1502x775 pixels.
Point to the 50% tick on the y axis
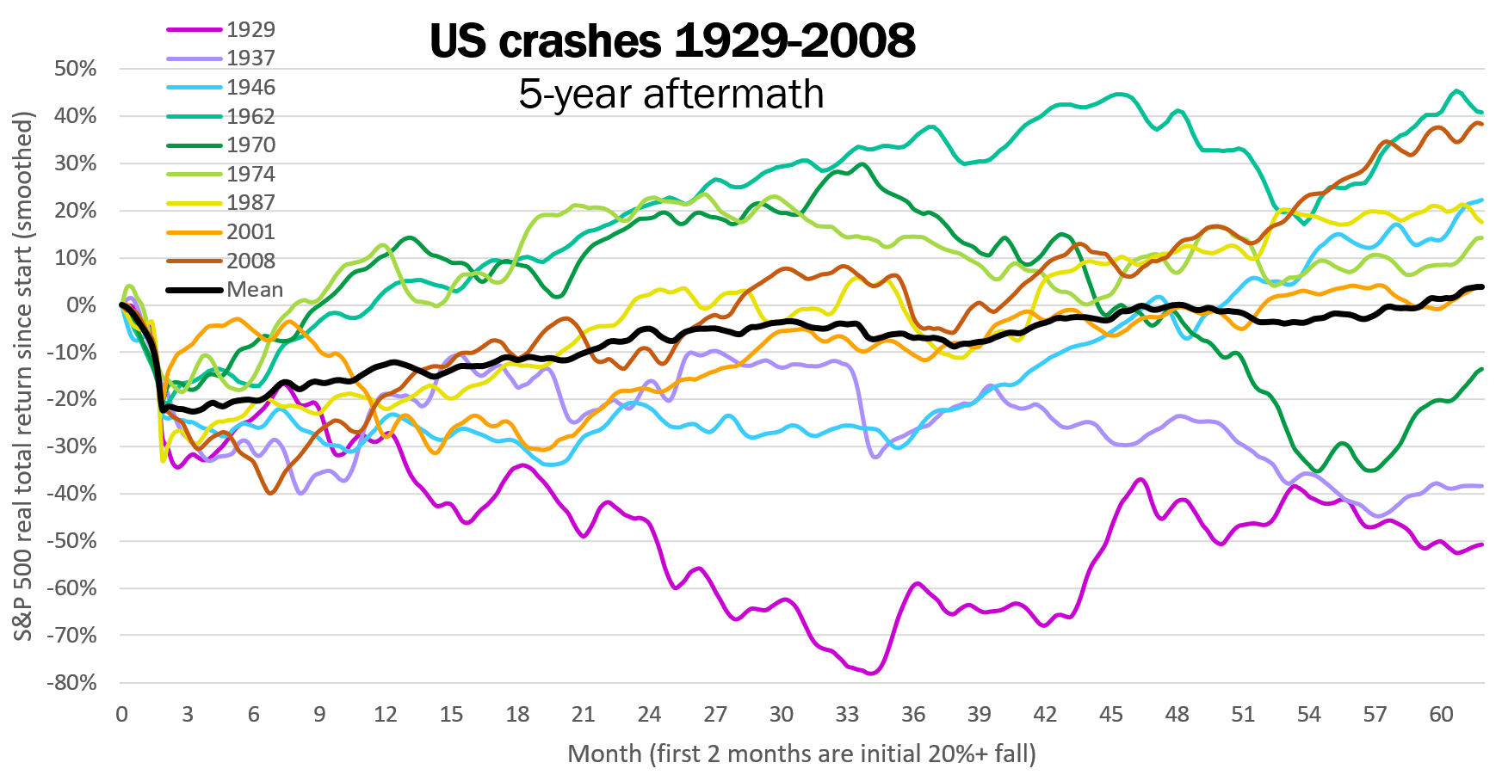[x=75, y=69]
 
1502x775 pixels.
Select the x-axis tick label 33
[x=847, y=715]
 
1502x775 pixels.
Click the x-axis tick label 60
[x=1441, y=715]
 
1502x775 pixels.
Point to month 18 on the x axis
[x=517, y=715]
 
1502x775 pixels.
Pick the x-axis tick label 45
[x=1111, y=715]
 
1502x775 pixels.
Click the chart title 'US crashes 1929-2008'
[x=672, y=41]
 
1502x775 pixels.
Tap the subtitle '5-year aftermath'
[x=671, y=94]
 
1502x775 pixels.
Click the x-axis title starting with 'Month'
[x=801, y=754]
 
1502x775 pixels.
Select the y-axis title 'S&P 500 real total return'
[x=23, y=377]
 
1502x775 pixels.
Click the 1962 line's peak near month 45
[x=1119, y=95]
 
